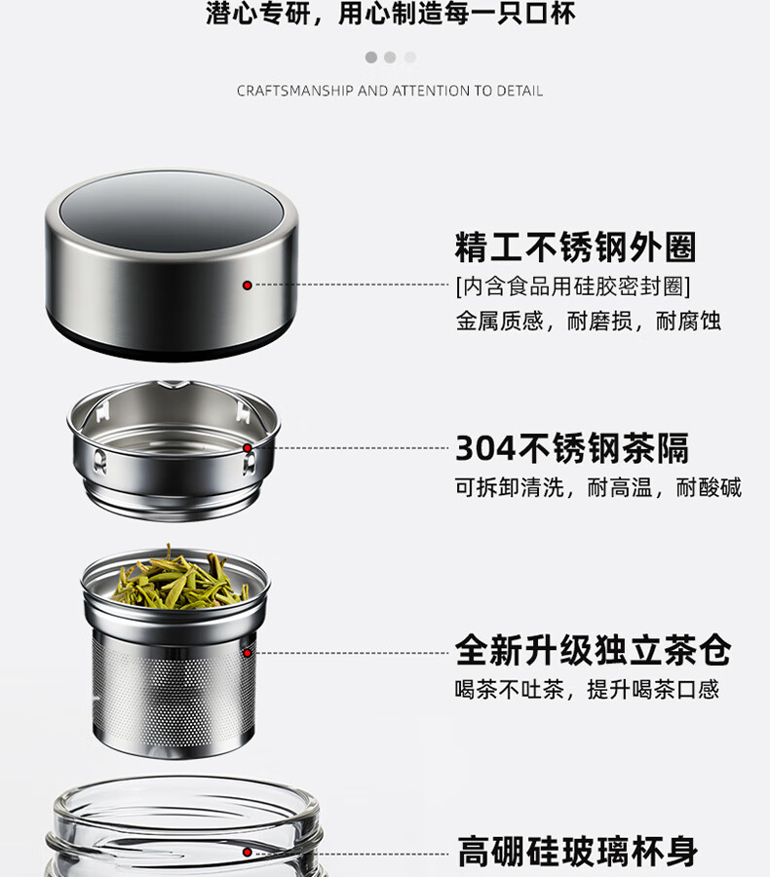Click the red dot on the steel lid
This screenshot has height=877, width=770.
tap(247, 286)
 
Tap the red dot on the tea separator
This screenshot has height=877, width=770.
tap(248, 448)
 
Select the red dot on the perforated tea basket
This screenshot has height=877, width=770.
tap(247, 653)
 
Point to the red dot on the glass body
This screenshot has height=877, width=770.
tap(247, 853)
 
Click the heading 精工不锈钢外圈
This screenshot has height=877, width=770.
tap(575, 247)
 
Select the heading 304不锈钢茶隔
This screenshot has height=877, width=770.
tap(572, 448)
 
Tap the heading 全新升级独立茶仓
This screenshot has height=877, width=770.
tap(593, 650)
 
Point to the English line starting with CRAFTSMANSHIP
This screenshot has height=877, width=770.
tap(390, 91)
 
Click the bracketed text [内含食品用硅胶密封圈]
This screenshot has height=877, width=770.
tap(573, 286)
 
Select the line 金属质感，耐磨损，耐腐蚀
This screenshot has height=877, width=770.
tap(588, 322)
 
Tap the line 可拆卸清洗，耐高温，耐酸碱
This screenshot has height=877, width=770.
tap(598, 488)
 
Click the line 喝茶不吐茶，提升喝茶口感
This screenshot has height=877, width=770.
tap(587, 690)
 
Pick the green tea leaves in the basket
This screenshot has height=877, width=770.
tap(179, 579)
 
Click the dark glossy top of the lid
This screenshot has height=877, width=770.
tap(171, 211)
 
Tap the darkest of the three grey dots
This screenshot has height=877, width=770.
tap(371, 57)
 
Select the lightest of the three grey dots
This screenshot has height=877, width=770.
tap(410, 57)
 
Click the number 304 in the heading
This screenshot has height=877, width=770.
tap(485, 448)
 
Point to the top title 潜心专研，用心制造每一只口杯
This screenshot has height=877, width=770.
tap(390, 14)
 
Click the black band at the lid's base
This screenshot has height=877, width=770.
tap(171, 341)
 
